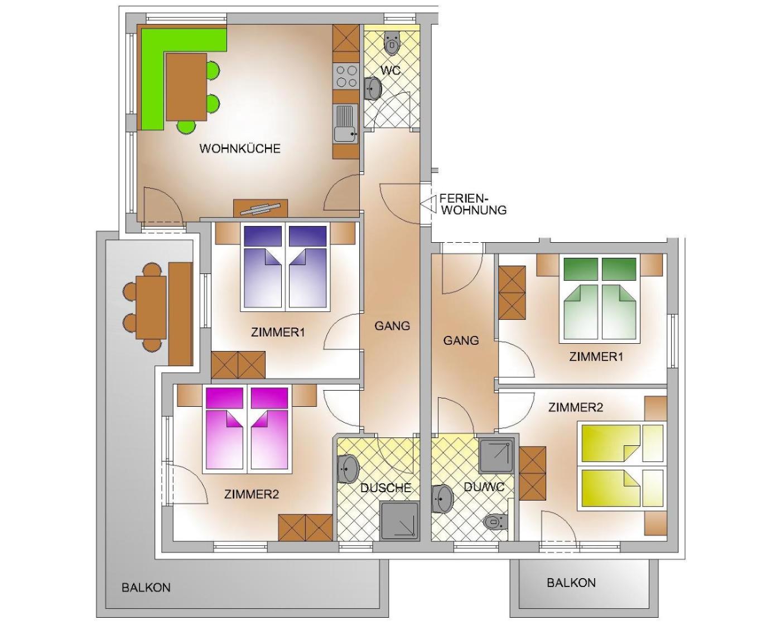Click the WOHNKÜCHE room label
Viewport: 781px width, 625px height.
point(240,148)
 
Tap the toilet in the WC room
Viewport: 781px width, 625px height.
point(392,43)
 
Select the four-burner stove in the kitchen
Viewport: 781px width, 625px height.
point(346,75)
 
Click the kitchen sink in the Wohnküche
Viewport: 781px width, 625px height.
point(346,123)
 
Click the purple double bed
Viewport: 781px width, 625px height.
point(285,268)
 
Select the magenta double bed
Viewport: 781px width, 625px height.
point(247,430)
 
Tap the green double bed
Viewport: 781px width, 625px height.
point(600,299)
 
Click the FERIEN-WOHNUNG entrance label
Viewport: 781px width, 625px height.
point(473,204)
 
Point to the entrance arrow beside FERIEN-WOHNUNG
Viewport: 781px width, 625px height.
point(427,204)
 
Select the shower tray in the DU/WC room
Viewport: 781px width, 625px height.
point(496,456)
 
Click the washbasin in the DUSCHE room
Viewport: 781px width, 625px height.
point(348,469)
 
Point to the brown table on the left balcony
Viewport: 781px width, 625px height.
point(151,307)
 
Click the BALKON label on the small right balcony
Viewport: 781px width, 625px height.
point(571,583)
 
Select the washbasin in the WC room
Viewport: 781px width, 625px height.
point(372,88)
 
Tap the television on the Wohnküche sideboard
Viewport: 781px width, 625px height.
point(260,208)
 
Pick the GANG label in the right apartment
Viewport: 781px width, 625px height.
point(461,340)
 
